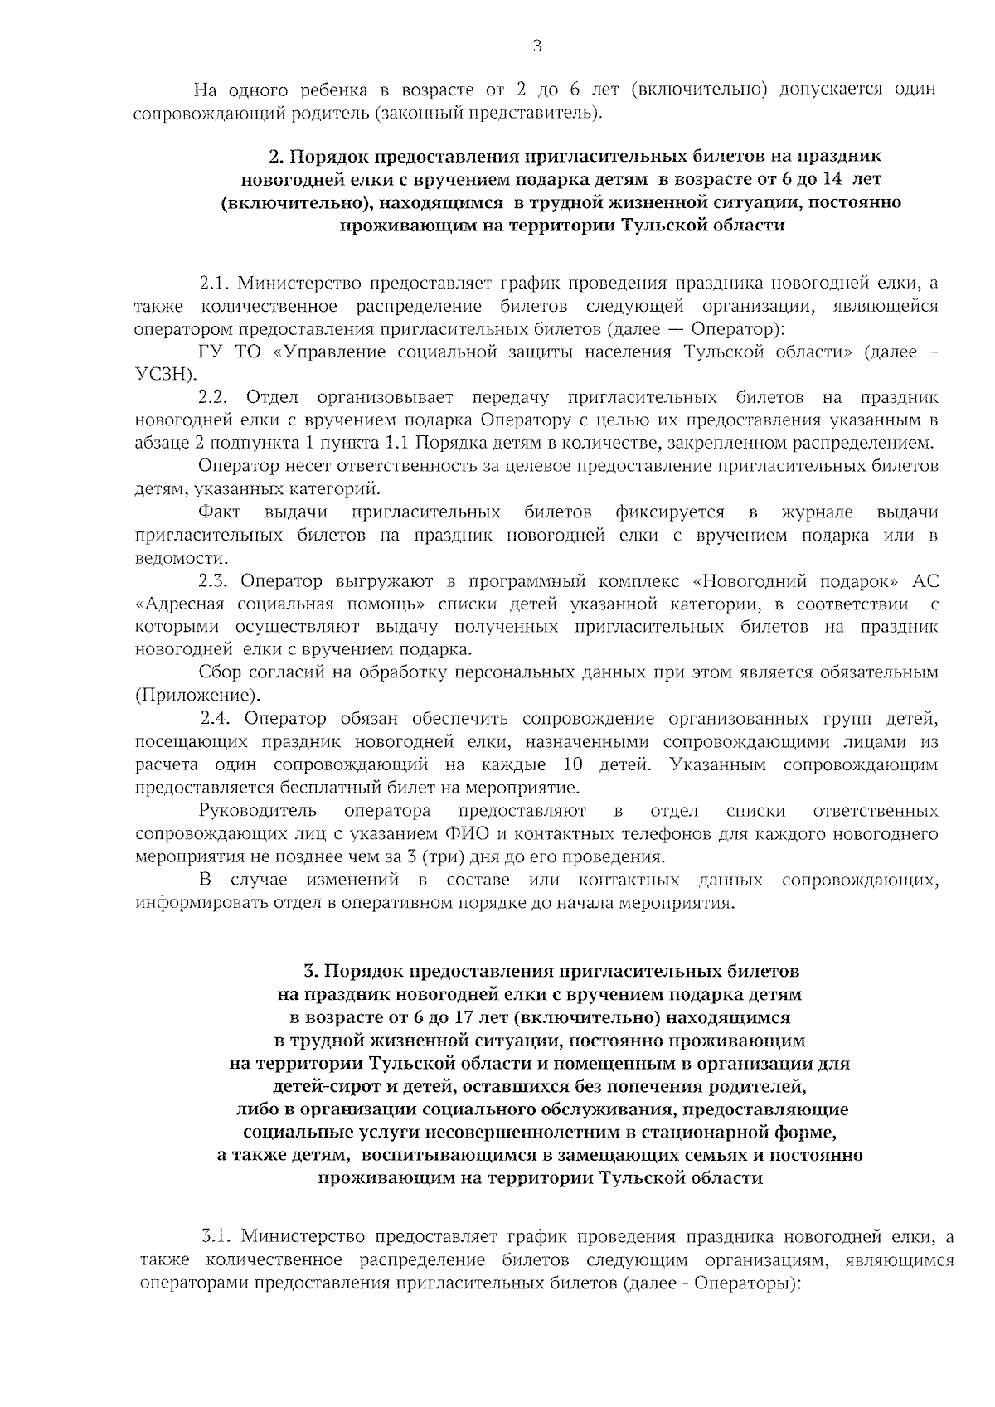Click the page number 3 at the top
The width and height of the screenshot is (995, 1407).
coord(536,46)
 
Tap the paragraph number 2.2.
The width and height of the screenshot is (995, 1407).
coord(217,397)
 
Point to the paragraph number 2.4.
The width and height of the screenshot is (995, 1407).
coord(220,718)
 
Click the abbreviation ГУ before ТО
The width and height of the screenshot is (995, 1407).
coord(211,352)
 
